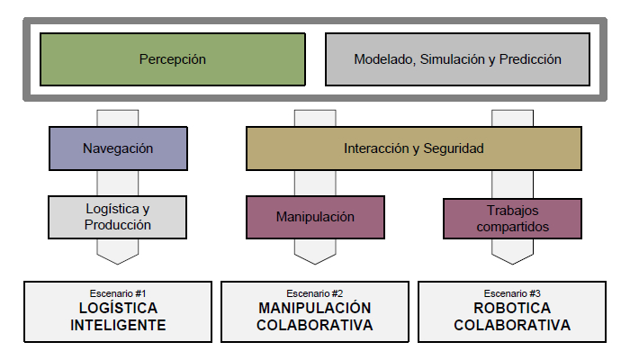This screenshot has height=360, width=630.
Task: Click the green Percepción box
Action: (x=173, y=60)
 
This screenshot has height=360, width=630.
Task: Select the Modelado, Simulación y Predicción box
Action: (x=457, y=60)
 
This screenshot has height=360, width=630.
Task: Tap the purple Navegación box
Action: (x=118, y=148)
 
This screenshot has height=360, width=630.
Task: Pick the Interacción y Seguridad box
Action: (x=413, y=148)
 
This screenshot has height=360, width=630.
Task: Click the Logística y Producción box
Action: (x=118, y=217)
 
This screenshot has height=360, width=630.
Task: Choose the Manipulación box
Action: (x=315, y=217)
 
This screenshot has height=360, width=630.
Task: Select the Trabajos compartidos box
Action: (x=512, y=217)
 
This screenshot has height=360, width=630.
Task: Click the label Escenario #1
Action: (x=118, y=293)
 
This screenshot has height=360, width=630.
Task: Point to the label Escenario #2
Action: (x=315, y=293)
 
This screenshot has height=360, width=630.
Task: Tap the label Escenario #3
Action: (x=512, y=293)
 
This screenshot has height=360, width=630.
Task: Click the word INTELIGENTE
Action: (x=118, y=326)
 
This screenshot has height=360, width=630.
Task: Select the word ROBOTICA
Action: (x=512, y=309)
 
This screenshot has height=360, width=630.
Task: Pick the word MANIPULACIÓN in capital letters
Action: (x=315, y=309)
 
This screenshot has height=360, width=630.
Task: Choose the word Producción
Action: (x=118, y=225)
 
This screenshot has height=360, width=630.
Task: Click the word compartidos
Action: (x=512, y=227)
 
